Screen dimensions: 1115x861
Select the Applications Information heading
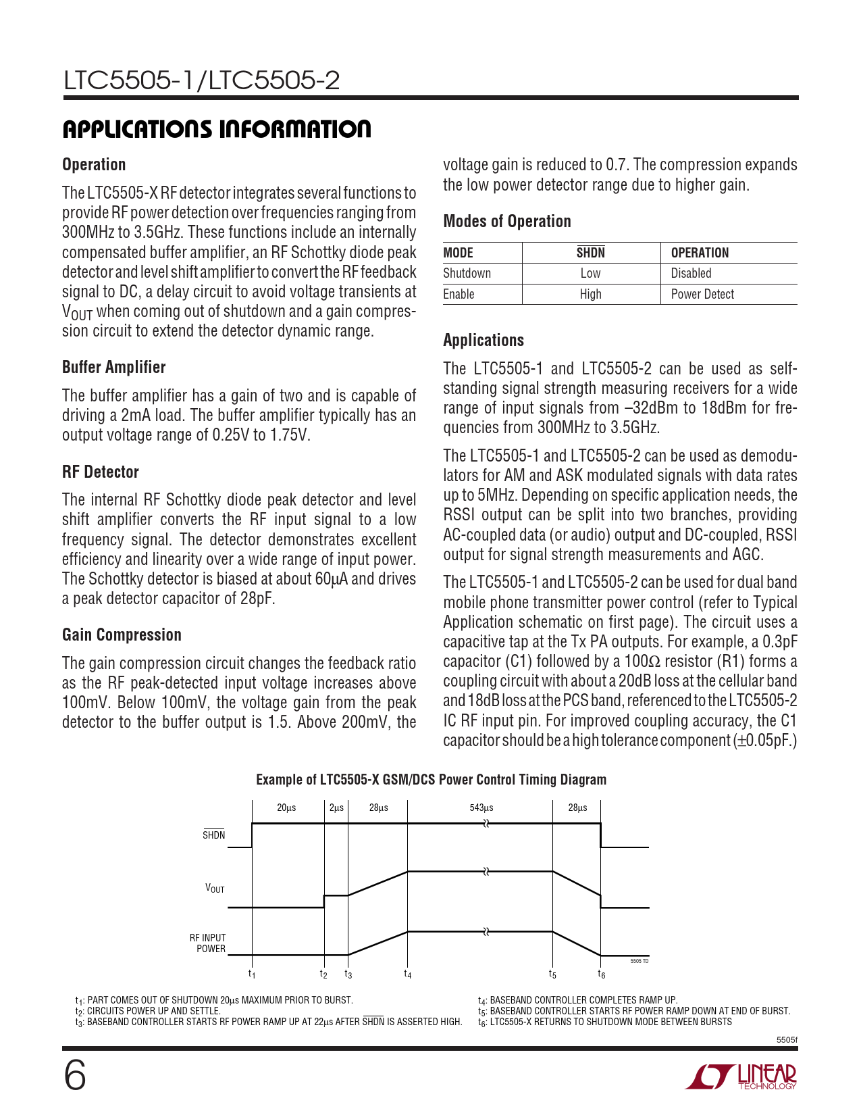[217, 129]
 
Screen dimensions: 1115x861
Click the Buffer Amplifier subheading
[113, 367]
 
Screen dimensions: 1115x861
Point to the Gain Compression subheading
[122, 635]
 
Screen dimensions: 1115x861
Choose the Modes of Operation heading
[506, 221]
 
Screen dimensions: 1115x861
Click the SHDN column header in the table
[590, 253]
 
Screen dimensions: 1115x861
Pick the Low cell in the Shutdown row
[590, 273]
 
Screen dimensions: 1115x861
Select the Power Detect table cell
[702, 294]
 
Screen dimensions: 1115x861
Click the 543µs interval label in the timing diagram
[481, 808]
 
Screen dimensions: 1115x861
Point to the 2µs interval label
[336, 808]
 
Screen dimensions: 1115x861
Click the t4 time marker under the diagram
[408, 974]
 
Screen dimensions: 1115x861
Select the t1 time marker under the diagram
[252, 974]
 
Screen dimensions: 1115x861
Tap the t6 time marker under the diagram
[601, 974]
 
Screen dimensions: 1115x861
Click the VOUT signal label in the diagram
[215, 889]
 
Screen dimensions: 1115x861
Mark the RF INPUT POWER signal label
[207, 943]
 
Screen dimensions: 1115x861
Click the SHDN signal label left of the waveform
[213, 835]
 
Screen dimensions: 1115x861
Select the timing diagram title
[431, 779]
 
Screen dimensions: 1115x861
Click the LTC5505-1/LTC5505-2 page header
[201, 80]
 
